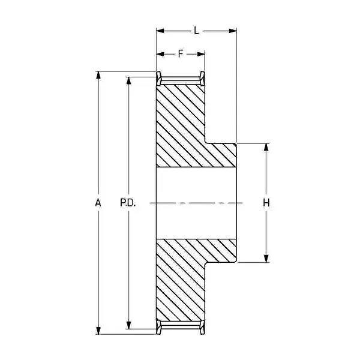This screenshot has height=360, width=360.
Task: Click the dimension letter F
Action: click(x=181, y=54)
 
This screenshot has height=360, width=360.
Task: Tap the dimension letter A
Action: click(x=98, y=203)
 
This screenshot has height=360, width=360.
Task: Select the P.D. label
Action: click(x=128, y=203)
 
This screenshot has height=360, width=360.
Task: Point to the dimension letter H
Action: click(x=266, y=203)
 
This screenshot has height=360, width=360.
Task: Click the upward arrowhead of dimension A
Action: click(x=98, y=75)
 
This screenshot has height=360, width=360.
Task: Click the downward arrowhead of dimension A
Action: click(x=98, y=330)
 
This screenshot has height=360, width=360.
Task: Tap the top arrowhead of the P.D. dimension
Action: click(x=128, y=80)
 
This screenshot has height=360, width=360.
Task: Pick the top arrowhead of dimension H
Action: click(x=266, y=147)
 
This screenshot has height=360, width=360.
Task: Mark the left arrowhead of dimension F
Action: click(x=160, y=54)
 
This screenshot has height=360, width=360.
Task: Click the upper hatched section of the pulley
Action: click(x=186, y=126)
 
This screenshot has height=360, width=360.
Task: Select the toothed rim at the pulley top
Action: click(x=181, y=78)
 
